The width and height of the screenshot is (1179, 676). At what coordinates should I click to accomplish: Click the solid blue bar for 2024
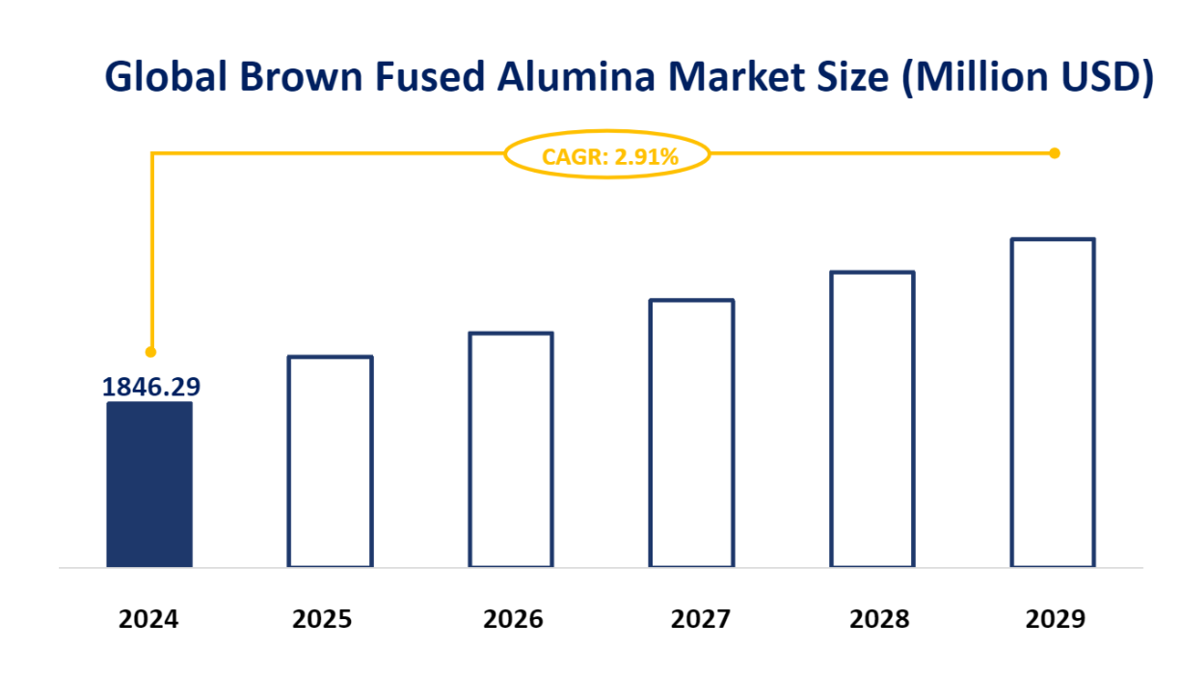pyautogui.click(x=148, y=484)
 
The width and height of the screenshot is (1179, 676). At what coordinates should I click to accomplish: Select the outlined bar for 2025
pyautogui.click(x=330, y=461)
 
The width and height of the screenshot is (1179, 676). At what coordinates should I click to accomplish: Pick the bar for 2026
pyautogui.click(x=511, y=449)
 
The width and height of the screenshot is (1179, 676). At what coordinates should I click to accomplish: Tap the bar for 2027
pyautogui.click(x=691, y=433)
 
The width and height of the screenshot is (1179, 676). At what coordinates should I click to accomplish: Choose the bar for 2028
pyautogui.click(x=872, y=419)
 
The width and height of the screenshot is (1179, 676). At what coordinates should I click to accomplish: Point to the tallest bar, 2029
pyautogui.click(x=1053, y=402)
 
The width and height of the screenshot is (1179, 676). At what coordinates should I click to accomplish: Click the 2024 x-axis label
pyautogui.click(x=148, y=619)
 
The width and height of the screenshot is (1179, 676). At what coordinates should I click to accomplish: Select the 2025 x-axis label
pyautogui.click(x=322, y=619)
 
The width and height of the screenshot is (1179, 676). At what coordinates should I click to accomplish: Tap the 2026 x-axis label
pyautogui.click(x=513, y=619)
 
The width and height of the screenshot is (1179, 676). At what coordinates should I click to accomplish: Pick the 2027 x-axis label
pyautogui.click(x=700, y=619)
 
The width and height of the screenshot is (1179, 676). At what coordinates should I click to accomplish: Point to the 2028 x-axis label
pyautogui.click(x=879, y=619)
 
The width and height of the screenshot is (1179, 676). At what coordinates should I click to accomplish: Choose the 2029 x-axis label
pyautogui.click(x=1055, y=619)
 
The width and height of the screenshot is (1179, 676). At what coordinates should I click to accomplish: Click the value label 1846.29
pyautogui.click(x=151, y=387)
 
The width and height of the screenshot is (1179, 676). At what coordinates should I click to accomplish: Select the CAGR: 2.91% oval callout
pyautogui.click(x=607, y=154)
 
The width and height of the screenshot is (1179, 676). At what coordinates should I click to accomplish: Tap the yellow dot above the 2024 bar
pyautogui.click(x=150, y=352)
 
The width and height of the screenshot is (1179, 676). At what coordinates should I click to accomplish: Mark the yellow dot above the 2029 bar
pyautogui.click(x=1054, y=153)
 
